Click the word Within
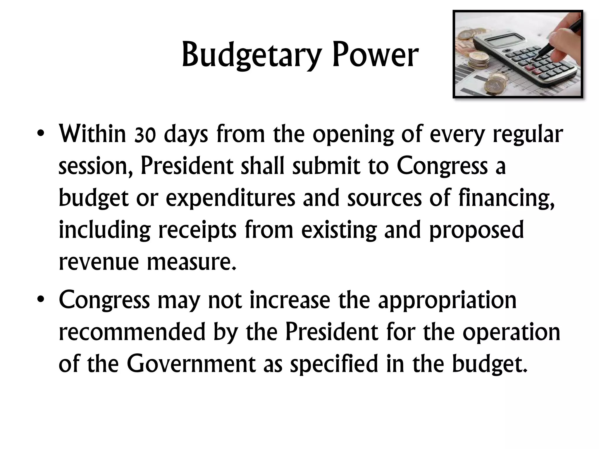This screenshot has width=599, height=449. pyautogui.click(x=92, y=134)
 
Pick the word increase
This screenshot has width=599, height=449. pyautogui.click(x=290, y=300)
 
